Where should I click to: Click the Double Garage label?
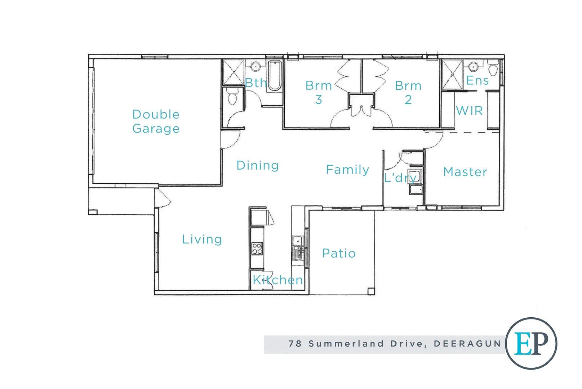(156, 121)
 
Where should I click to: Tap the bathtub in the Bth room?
(275, 76)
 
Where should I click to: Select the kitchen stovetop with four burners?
(257, 249)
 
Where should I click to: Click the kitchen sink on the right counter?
(298, 248)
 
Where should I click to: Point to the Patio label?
(339, 253)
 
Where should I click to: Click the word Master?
(465, 172)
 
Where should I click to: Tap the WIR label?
(469, 111)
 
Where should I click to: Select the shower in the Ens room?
(452, 75)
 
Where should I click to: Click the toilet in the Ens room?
(493, 68)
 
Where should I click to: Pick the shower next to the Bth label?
(234, 72)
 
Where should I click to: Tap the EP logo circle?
(531, 343)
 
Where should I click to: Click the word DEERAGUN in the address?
(467, 344)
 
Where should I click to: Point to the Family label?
(347, 169)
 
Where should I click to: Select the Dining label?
(257, 165)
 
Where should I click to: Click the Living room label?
(202, 239)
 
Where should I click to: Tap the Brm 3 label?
(319, 92)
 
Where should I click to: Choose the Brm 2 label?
(408, 93)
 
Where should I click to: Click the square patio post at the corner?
(371, 291)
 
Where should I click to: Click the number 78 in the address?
(295, 344)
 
